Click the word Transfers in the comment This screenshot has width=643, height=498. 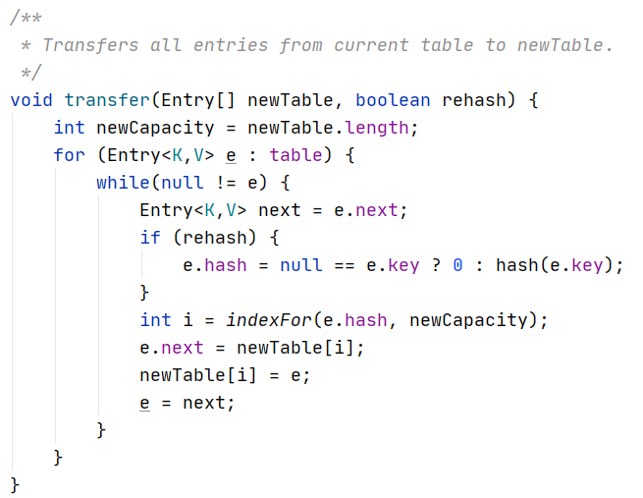(86, 45)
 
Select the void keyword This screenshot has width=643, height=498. (31, 99)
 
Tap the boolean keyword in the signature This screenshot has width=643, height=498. (393, 99)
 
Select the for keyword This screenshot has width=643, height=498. (70, 155)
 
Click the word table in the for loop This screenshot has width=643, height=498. (295, 155)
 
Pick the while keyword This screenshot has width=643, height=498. (123, 183)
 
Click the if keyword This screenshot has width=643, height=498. (150, 238)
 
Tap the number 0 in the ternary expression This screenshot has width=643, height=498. (457, 265)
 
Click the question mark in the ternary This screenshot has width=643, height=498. (436, 265)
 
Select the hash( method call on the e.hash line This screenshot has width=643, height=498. (517, 265)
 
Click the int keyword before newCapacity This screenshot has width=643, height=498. (70, 128)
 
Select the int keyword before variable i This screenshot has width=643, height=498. (155, 320)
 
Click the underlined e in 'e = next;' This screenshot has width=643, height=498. (145, 403)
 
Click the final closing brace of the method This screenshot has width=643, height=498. (15, 485)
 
